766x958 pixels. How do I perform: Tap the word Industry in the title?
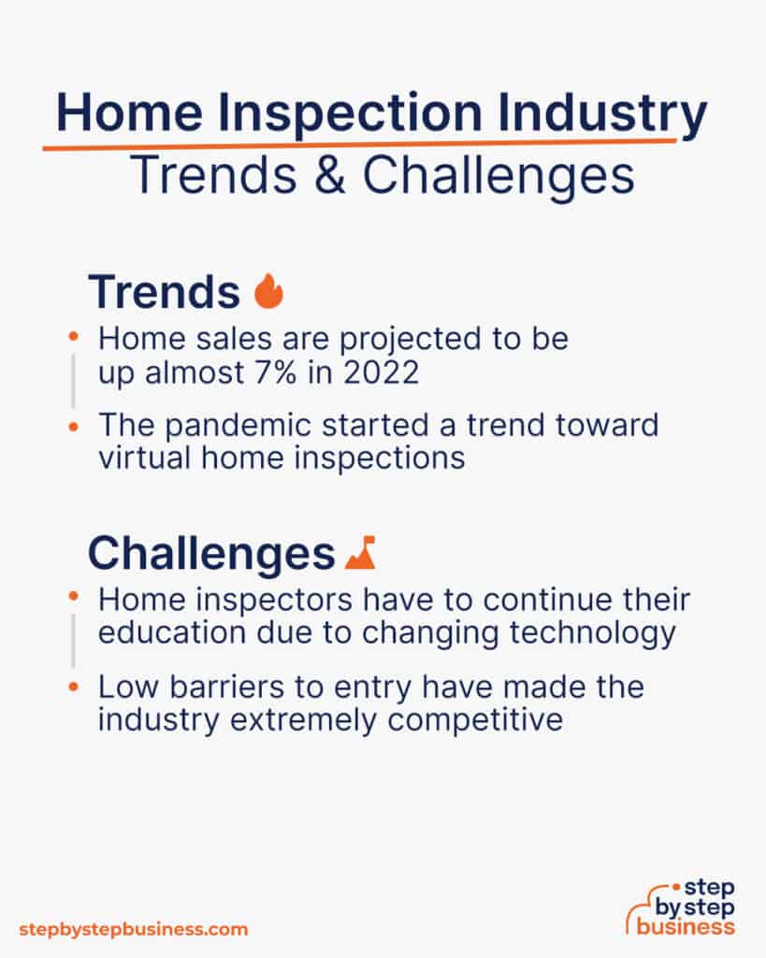pos(599,116)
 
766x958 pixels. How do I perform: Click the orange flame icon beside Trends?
pos(268,292)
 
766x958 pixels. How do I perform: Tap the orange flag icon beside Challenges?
pos(360,553)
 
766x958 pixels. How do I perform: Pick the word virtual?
pos(147,458)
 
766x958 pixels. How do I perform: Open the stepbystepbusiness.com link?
pos(134,929)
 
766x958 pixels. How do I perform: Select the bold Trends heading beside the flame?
pos(165,292)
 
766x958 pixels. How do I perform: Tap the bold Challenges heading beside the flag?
pos(211,553)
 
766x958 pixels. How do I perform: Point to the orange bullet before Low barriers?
pos(73,688)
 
